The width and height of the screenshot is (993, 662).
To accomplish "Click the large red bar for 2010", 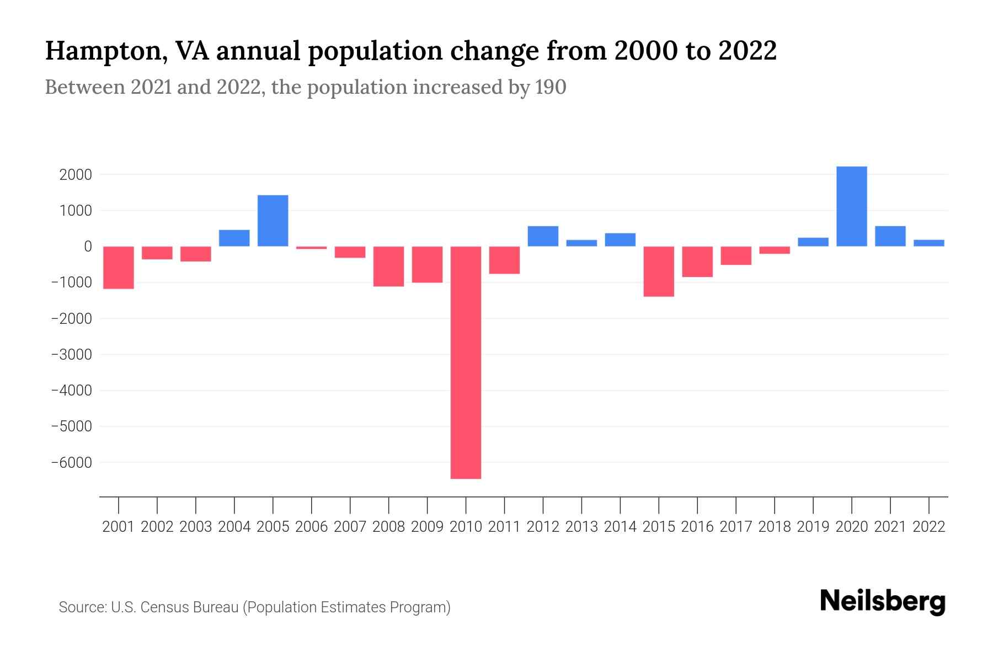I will pos(466,362).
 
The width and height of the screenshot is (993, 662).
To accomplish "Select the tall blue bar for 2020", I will pos(851,206).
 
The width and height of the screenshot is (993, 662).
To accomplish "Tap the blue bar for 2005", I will pos(273,221).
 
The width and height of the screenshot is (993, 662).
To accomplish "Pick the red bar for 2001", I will pos(119,268).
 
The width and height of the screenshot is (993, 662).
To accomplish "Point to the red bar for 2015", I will pos(659,271).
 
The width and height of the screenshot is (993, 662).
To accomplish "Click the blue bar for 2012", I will pos(543,236).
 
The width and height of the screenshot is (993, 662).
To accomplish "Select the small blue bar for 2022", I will pos(928,243).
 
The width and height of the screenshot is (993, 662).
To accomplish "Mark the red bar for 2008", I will pos(388,266).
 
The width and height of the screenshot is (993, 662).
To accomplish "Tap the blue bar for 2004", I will pos(234,238).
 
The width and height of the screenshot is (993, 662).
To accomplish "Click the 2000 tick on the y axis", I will pos(76,175).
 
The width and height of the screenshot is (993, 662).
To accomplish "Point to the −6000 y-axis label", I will pos(71,462).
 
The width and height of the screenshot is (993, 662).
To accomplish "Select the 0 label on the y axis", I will pos(87,247).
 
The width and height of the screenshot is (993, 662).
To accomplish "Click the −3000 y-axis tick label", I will pos(71,354).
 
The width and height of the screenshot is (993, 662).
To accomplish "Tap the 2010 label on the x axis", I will pos(466,527).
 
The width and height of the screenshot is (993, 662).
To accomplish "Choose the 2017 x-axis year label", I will pos(735,527).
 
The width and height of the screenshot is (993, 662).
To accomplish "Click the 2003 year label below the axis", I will pos(196,527).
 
